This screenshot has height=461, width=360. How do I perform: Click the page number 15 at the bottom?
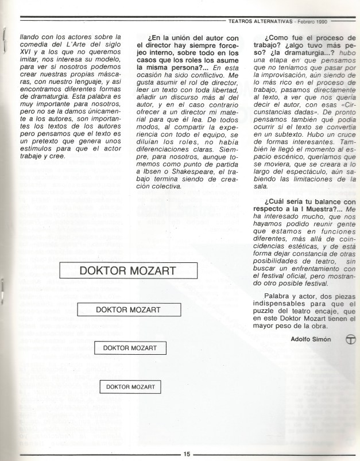(x=187, y=454)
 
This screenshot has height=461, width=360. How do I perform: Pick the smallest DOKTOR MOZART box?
(x=131, y=387)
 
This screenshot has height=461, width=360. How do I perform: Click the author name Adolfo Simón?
(x=312, y=338)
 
